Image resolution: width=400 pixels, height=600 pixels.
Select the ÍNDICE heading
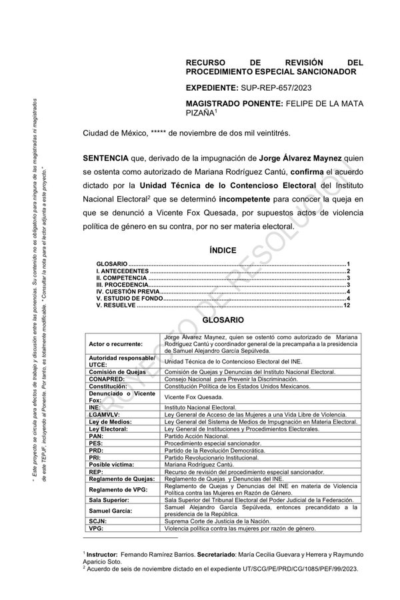point(219,251)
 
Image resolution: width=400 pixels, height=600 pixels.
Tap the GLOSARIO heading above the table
point(219,320)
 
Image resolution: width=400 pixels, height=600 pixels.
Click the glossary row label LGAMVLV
point(107,414)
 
